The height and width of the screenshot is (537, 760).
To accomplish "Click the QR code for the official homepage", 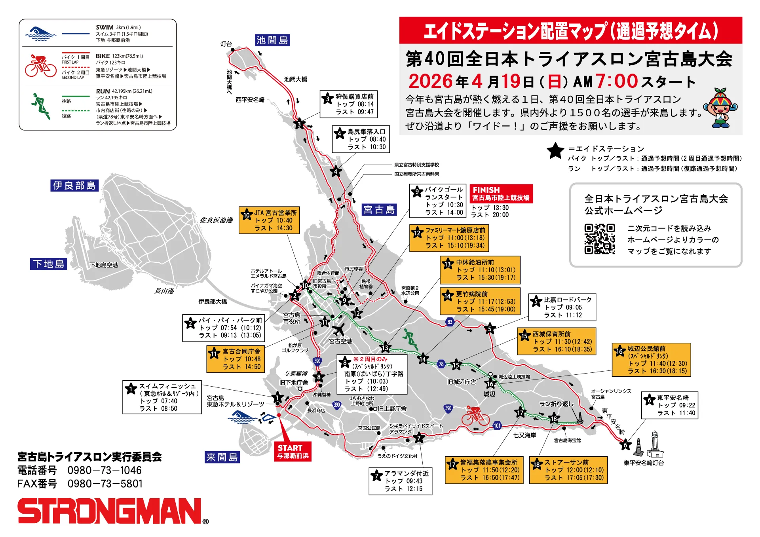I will [600, 239].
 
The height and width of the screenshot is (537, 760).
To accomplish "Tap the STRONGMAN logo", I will [111, 511].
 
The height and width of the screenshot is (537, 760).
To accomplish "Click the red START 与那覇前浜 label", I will [293, 452].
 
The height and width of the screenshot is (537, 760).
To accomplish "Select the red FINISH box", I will [501, 194].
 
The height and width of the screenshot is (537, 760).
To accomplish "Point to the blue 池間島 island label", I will [272, 40].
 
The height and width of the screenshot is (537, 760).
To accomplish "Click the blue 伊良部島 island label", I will [74, 186].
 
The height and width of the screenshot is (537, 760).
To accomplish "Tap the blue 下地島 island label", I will [48, 264].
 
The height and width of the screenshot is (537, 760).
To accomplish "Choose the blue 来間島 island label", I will [222, 457].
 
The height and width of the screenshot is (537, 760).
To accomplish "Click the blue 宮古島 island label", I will [379, 210].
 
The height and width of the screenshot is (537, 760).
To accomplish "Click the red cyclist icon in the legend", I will [40, 66].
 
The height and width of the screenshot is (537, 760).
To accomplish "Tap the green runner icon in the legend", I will [41, 106].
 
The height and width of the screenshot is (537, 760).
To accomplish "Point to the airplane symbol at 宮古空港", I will [338, 329].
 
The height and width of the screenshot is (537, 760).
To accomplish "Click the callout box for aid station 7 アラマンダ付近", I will [400, 481].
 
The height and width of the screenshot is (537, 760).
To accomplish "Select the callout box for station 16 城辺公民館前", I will [651, 360].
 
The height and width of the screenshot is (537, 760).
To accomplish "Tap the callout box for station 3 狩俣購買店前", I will [348, 104].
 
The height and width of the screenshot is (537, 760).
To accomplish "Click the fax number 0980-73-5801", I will [104, 484].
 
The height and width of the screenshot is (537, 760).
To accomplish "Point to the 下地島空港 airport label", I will [104, 265].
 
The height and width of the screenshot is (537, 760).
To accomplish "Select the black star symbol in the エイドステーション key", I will [555, 151].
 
